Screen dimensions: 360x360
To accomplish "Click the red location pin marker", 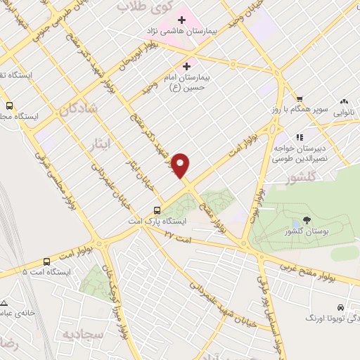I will pos(181,166).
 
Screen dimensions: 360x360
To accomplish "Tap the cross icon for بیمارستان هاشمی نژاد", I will pos(181,18).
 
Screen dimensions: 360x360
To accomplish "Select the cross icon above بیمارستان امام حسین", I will pos(186,65).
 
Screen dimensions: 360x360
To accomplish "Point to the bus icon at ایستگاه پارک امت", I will pos(157,210).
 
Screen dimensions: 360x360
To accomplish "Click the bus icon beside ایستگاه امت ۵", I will pos(46,259).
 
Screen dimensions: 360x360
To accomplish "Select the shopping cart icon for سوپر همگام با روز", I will pos(300,98).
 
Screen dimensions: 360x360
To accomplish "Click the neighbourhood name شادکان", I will pos(76,110).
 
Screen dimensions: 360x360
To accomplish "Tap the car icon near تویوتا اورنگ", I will pos(340,308).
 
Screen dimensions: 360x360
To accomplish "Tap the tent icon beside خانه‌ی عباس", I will pos(4,302).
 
